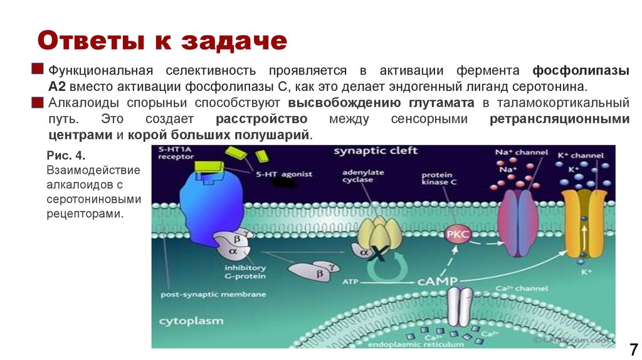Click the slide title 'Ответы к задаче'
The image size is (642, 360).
[x=162, y=41]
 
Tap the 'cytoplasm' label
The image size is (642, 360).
[x=191, y=320]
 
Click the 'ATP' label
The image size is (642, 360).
[x=350, y=282]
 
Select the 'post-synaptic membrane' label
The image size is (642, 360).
[x=213, y=294]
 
